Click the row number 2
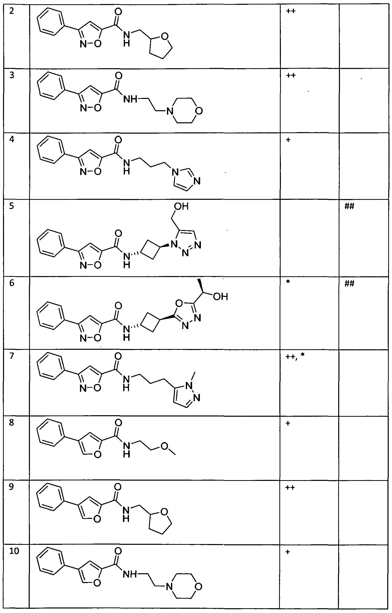pyautogui.click(x=11, y=12)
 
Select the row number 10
pyautogui.click(x=14, y=551)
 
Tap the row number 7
pyautogui.click(x=12, y=356)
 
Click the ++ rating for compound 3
pyautogui.click(x=291, y=75)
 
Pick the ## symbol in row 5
pyautogui.click(x=349, y=206)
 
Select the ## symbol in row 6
pyautogui.click(x=349, y=283)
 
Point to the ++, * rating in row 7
pyautogui.click(x=295, y=356)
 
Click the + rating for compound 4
pyautogui.click(x=288, y=140)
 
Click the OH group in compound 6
pyautogui.click(x=221, y=296)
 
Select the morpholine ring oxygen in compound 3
pyautogui.click(x=200, y=111)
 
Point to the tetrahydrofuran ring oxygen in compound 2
pyautogui.click(x=165, y=37)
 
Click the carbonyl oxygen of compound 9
pyautogui.click(x=118, y=487)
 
